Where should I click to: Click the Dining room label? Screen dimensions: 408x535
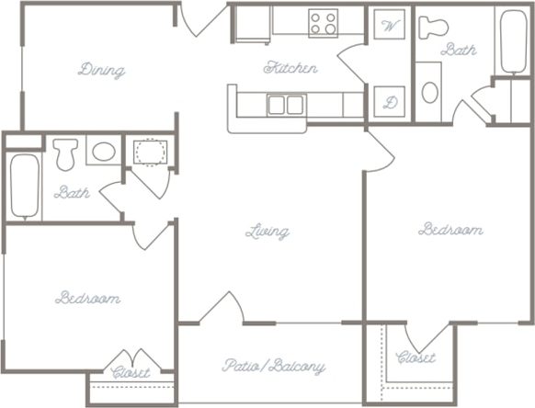point(102,70)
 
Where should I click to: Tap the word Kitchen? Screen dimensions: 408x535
point(290,67)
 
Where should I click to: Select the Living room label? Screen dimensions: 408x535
point(267,232)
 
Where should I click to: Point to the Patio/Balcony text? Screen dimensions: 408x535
point(273,366)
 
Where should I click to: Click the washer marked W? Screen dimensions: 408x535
point(390,25)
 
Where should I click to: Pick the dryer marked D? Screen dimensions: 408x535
point(390,102)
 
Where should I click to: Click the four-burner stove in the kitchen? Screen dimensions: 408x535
point(323,23)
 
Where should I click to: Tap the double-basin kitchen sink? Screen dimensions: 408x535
point(286,104)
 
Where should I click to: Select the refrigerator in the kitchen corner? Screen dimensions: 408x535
point(250,25)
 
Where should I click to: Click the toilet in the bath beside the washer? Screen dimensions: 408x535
point(433,27)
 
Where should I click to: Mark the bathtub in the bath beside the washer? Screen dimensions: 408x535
point(513,40)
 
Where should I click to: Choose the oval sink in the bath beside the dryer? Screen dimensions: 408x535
point(429,92)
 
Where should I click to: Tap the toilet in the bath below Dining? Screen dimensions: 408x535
point(65,153)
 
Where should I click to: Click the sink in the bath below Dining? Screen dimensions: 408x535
point(103,151)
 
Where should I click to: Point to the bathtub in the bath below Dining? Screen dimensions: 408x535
point(24,187)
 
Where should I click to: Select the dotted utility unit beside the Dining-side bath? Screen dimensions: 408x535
point(146,152)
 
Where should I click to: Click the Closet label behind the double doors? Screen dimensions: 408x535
point(131,373)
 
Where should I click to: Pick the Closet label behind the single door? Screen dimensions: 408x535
point(415,357)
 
